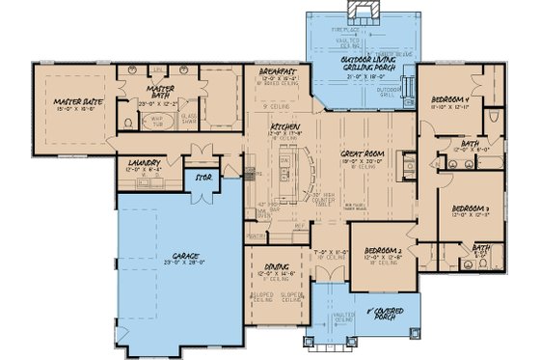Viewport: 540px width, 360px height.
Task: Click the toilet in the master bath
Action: tap(129, 123)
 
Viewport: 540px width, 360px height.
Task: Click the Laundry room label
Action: tap(137, 162)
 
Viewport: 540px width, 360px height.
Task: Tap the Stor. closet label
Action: tap(203, 179)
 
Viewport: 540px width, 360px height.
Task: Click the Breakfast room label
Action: tap(279, 71)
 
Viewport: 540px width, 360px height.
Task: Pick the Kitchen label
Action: tap(283, 127)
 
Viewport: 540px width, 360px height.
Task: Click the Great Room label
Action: tap(364, 153)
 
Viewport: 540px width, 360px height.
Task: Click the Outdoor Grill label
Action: tap(392, 93)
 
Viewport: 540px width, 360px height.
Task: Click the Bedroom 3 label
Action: tap(470, 208)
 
